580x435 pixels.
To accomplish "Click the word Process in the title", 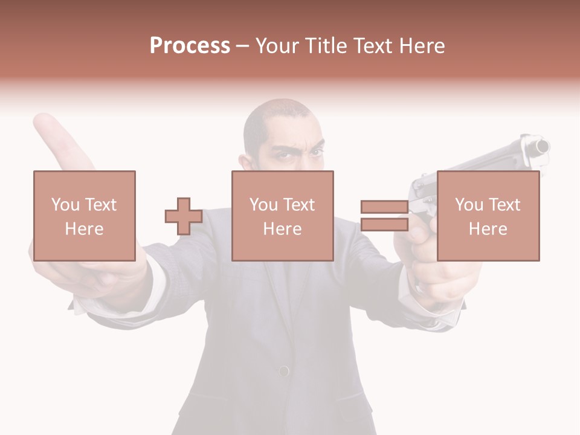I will (190, 46).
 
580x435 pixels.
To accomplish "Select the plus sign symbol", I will (184, 216).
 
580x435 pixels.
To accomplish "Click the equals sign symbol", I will (384, 216).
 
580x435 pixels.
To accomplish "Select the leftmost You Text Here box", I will (84, 216).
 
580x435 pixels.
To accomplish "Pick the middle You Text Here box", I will (282, 216).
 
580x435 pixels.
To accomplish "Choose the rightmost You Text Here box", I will (488, 216).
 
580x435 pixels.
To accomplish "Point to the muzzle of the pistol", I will (541, 146).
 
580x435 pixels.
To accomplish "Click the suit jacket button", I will (283, 370).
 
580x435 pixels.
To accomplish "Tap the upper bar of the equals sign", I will (384, 207).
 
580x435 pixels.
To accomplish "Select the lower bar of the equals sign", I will (384, 225).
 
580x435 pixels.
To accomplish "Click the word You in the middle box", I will (263, 205).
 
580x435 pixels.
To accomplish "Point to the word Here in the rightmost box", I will (488, 229).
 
